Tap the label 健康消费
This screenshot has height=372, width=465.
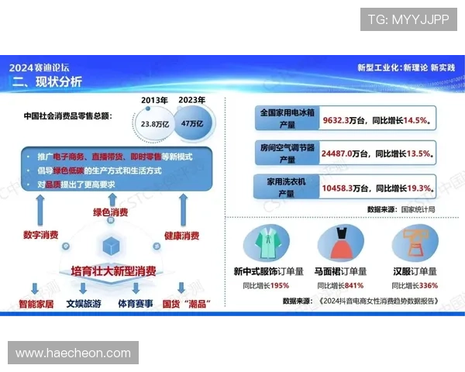tap(181, 235)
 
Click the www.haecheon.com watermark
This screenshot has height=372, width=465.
tap(74, 353)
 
